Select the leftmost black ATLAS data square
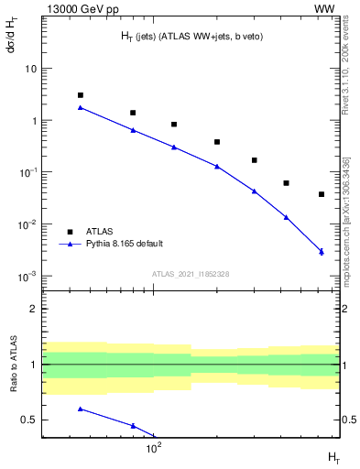tap(81, 95)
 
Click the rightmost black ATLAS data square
tap(322, 194)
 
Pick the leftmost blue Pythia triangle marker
tap(81, 107)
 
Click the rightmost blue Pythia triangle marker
tap(322, 251)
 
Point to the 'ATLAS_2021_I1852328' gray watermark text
tap(191, 274)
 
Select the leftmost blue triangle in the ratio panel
tap(81, 409)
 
